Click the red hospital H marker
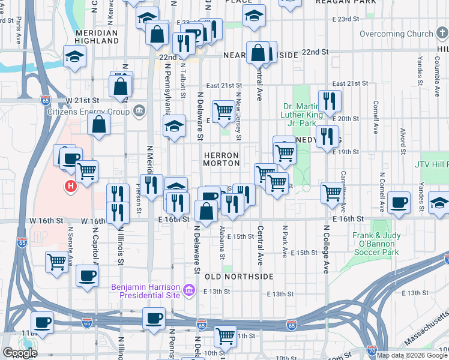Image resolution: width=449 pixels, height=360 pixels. click(x=71, y=187)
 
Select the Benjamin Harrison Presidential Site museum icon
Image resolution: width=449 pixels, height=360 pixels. click(x=189, y=291)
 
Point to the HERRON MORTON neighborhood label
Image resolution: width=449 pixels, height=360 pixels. click(x=221, y=159)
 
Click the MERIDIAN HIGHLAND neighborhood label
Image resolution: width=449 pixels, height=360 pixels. click(x=97, y=37)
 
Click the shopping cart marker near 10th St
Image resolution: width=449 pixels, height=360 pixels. click(x=225, y=336)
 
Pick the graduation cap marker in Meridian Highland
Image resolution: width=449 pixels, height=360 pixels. click(x=75, y=57)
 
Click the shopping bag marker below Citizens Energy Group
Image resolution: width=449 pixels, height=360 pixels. click(x=99, y=124)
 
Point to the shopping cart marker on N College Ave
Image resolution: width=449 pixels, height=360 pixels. click(x=332, y=193)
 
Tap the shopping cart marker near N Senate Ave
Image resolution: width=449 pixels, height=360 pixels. click(x=56, y=261)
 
